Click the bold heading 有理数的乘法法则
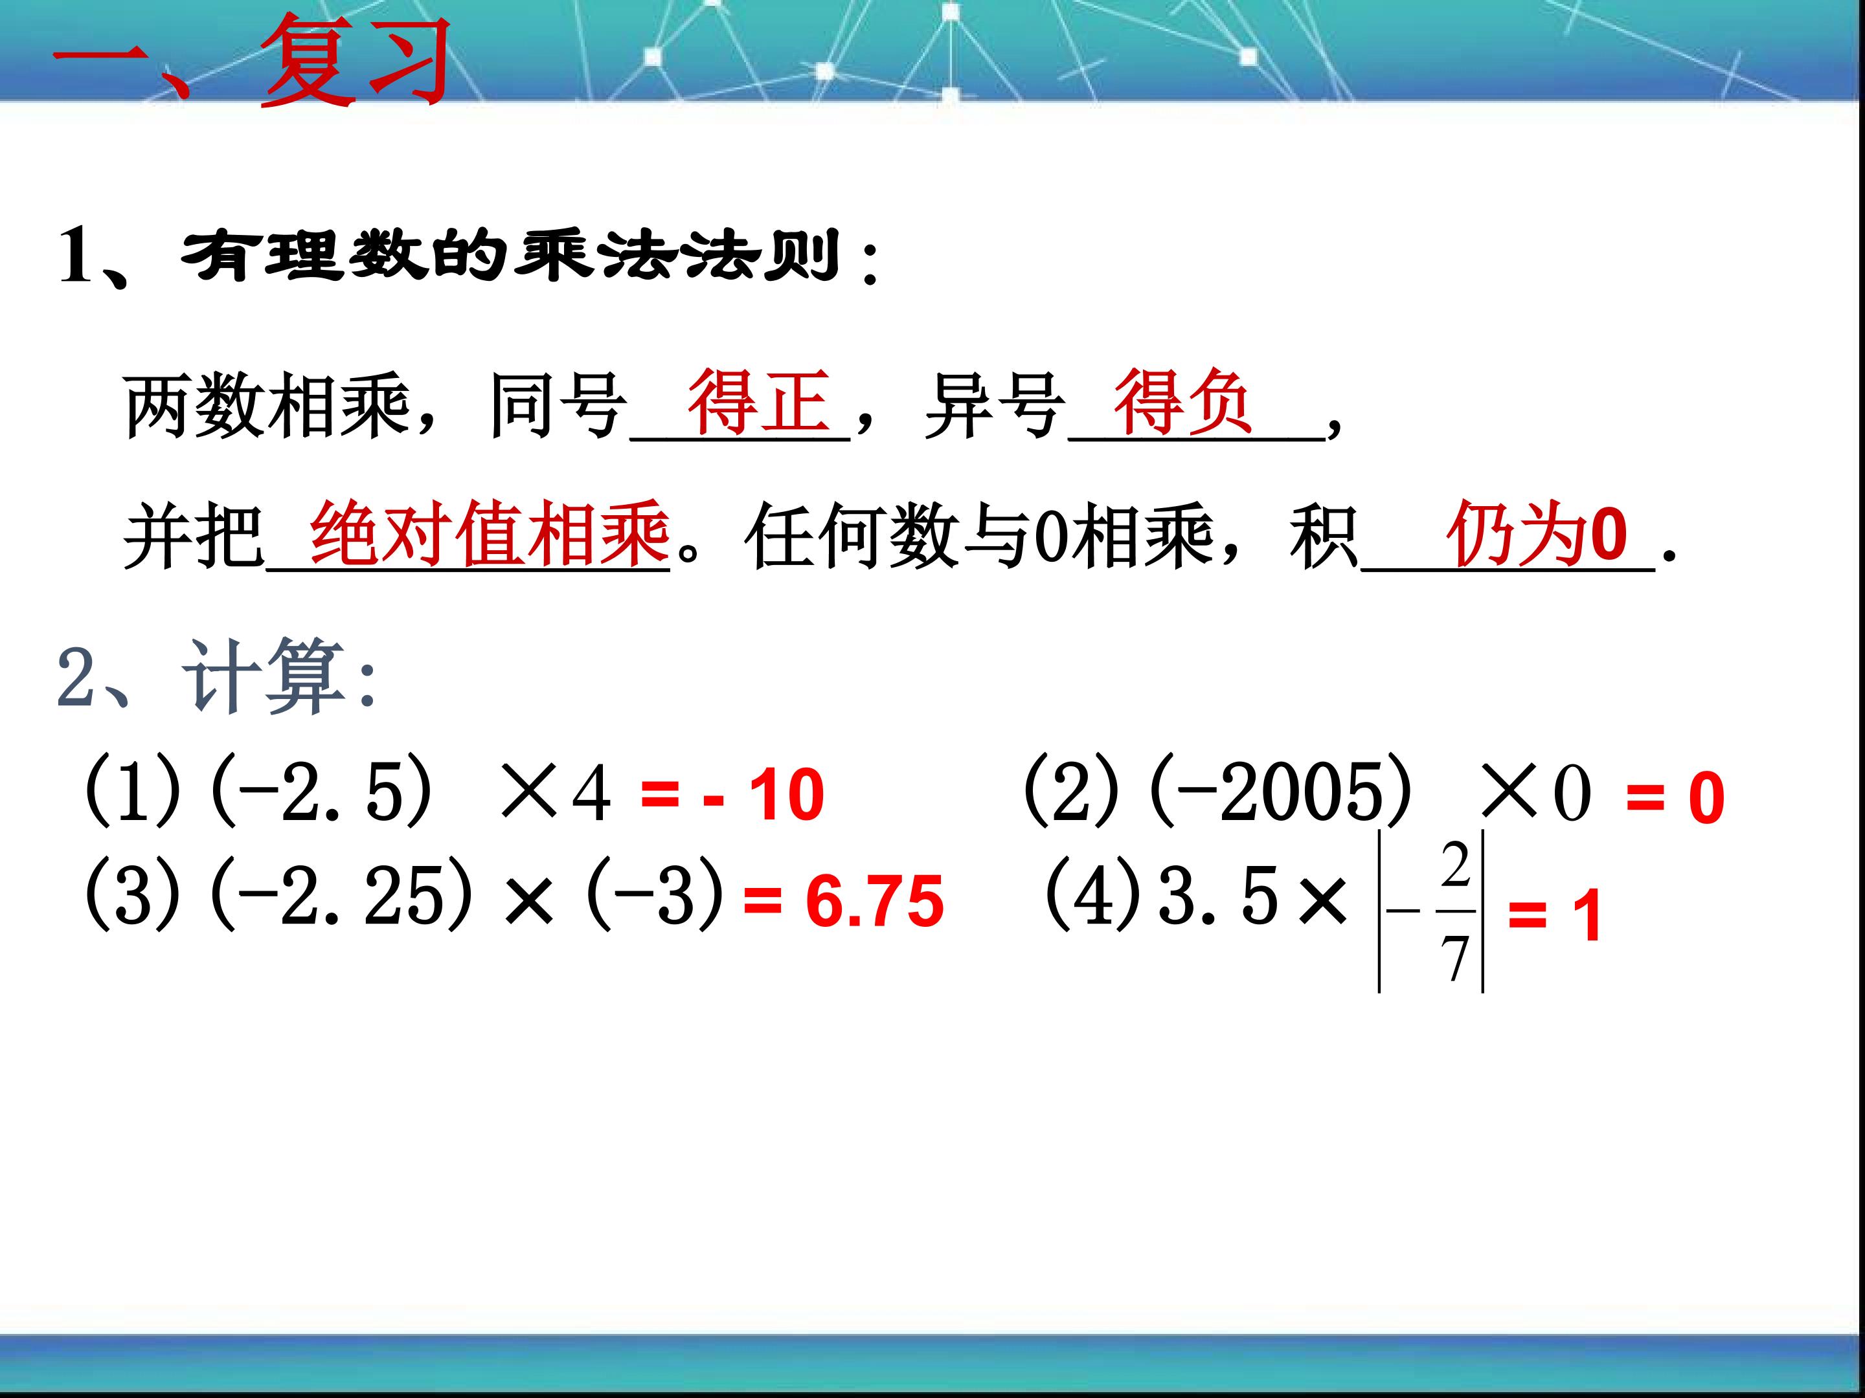510,256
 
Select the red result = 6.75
843,902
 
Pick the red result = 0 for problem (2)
1675,798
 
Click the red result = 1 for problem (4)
1554,916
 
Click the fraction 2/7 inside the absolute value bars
1454,912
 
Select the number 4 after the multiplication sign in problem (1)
591,793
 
